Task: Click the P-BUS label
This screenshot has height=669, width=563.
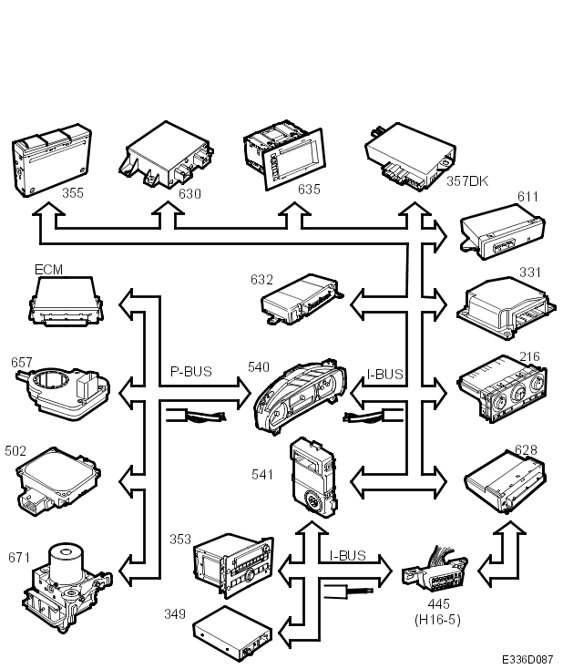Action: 190,372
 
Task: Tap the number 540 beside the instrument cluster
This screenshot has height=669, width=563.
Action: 259,367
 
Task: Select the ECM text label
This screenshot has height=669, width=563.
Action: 48,270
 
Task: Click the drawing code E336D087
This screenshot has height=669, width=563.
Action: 527,659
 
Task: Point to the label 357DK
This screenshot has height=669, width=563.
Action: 467,180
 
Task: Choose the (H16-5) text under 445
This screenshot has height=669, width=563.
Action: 437,620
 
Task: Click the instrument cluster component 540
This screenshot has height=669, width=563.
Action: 301,396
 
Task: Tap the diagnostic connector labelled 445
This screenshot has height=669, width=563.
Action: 435,570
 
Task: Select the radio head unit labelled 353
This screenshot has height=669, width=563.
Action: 233,564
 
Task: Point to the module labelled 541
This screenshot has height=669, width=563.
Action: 313,477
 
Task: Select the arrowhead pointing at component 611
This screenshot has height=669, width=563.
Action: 441,236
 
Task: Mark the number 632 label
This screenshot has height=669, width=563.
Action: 261,280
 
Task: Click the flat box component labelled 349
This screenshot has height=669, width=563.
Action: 232,633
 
